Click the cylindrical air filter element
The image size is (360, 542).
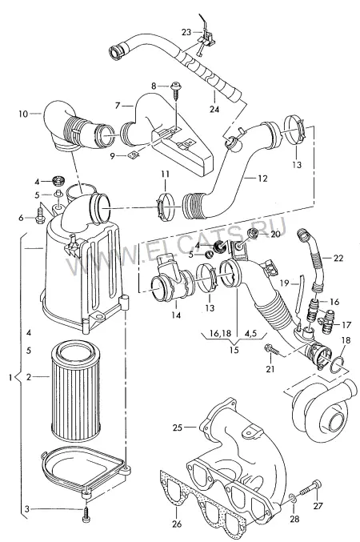click(x=76, y=391)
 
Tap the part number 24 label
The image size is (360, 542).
click(x=214, y=109)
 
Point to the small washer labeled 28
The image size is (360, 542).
click(x=292, y=499)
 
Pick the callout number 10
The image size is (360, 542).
click(x=23, y=114)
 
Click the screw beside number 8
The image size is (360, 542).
click(x=176, y=90)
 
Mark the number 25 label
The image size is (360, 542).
click(x=178, y=428)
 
